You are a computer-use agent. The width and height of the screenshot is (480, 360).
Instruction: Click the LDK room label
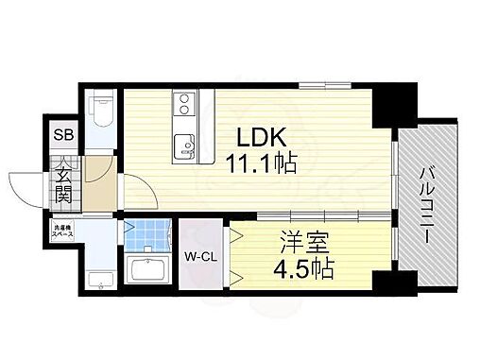(261, 135)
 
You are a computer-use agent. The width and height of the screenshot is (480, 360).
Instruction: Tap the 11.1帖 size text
(261, 164)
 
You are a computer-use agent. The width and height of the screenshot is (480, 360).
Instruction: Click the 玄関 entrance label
(62, 185)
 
